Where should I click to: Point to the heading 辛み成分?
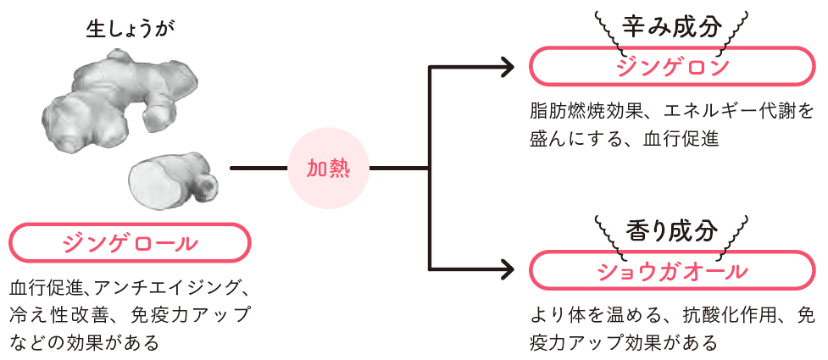pyautogui.click(x=671, y=26)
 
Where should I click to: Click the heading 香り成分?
pyautogui.click(x=671, y=230)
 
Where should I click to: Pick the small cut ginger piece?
pyautogui.click(x=169, y=179)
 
